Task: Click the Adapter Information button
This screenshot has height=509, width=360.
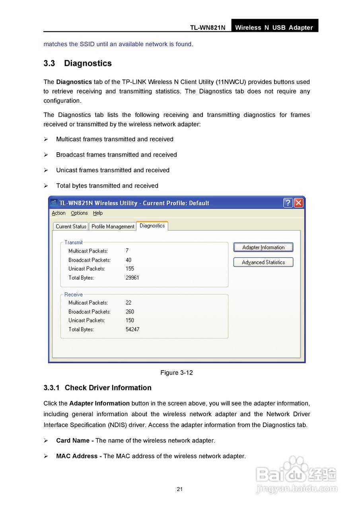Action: pos(263,247)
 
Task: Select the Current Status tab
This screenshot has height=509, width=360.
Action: pos(71,226)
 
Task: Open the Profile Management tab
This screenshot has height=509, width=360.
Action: pos(113,226)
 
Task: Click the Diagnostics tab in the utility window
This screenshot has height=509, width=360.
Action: pos(152,225)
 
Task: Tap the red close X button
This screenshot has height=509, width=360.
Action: pos(298,203)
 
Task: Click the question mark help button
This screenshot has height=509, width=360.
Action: pos(288,203)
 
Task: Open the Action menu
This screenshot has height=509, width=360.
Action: pos(58,213)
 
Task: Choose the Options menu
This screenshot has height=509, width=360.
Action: pos(79,213)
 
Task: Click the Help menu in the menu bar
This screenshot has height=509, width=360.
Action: pos(98,213)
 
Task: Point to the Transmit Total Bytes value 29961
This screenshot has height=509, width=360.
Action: pos(132,278)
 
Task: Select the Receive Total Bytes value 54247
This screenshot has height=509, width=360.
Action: pos(132,329)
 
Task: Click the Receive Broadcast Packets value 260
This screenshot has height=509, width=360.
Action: pos(130,312)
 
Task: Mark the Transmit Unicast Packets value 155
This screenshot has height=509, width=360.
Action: pos(130,269)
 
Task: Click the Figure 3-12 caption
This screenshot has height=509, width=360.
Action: pos(176,373)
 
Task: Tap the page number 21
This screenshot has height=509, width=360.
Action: pos(180,489)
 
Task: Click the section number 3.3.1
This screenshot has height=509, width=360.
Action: pos(51,388)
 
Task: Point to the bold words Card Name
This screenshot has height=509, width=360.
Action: pos(73,441)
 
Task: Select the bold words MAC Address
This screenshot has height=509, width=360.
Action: pos(76,456)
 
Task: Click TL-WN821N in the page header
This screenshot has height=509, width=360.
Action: pos(208,27)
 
